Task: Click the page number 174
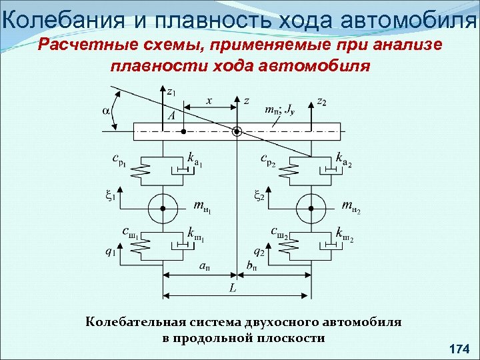point(459,348)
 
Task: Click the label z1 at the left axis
point(171,91)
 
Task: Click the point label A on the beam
point(172,115)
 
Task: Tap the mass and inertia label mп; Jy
point(280,110)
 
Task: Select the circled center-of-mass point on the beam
point(236,131)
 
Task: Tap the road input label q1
point(110,251)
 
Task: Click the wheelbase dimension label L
point(233,289)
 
